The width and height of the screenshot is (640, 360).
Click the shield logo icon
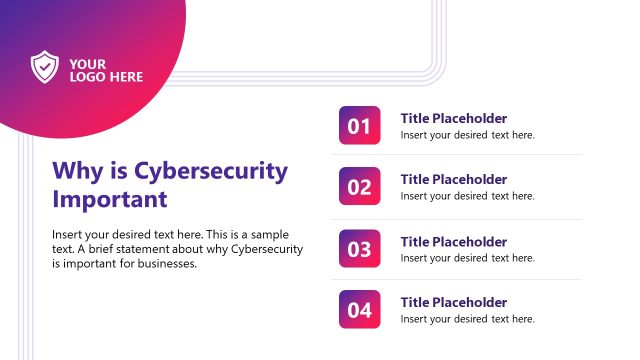coord(45,67)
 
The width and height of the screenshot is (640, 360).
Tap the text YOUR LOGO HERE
coord(106,70)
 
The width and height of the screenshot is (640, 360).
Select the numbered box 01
coord(360,126)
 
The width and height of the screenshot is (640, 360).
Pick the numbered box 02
coord(360,187)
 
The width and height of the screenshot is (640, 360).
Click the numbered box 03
coord(360,248)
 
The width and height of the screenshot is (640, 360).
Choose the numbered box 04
coord(360,309)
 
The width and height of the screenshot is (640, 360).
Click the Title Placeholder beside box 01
coord(453,118)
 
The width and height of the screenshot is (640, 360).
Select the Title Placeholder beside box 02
coord(453,179)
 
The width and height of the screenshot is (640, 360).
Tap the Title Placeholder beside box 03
coord(453,241)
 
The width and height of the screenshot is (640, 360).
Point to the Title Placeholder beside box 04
coord(453,302)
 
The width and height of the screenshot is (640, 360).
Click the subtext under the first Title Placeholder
coord(467,135)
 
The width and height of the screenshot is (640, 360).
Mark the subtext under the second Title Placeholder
coord(467,196)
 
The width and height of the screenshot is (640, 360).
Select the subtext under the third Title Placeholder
coord(467,258)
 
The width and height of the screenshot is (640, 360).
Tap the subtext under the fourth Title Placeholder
coord(467,319)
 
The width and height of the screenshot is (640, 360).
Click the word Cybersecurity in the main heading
coord(210,170)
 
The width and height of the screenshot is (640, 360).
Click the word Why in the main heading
coord(76,170)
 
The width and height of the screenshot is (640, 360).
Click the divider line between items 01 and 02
coord(460,155)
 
